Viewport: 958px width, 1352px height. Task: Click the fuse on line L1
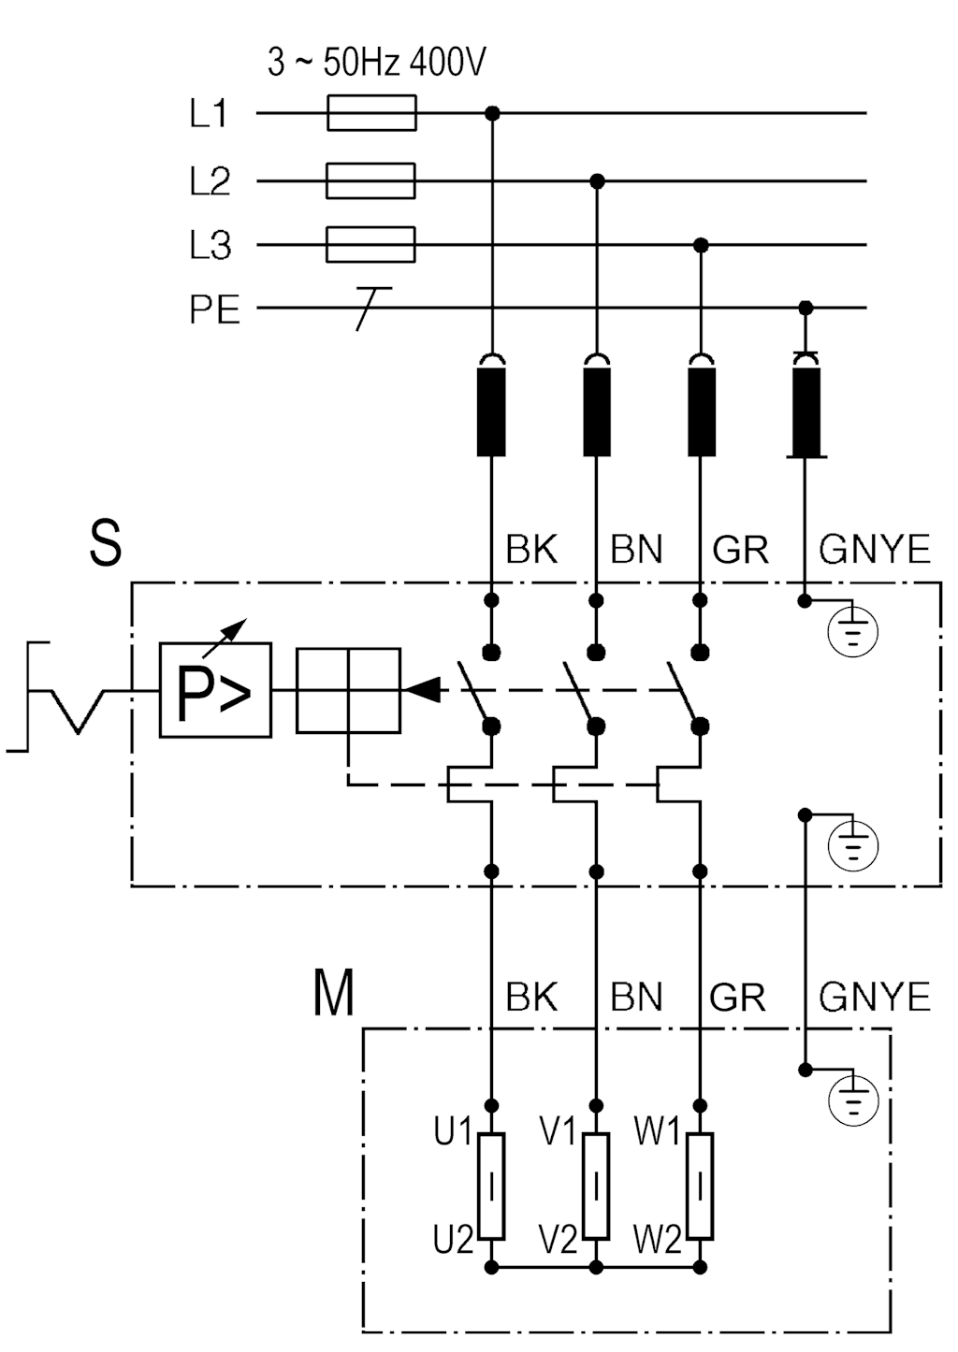tap(371, 113)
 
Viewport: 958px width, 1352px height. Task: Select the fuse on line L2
tap(370, 180)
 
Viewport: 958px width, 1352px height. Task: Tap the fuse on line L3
tap(370, 245)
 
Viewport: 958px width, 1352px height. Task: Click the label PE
tap(214, 309)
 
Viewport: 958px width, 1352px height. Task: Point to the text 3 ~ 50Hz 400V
tap(376, 63)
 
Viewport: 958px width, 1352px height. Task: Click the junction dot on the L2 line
tap(597, 180)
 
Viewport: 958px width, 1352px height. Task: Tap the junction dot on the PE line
tap(806, 308)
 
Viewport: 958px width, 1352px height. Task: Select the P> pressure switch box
tap(215, 690)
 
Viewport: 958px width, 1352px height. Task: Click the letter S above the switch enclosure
tap(106, 543)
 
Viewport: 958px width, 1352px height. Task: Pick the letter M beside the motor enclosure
tap(333, 993)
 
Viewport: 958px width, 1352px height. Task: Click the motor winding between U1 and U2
tap(491, 1186)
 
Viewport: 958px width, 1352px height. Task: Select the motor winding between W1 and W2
tap(700, 1186)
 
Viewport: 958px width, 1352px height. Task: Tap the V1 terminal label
tap(558, 1131)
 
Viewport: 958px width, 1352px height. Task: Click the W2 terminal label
tap(657, 1240)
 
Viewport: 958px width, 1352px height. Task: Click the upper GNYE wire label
tap(874, 549)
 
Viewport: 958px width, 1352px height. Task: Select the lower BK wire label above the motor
tap(531, 997)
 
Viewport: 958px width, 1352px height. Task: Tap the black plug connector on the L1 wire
tap(491, 410)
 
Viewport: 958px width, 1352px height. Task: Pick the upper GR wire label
tap(740, 549)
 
